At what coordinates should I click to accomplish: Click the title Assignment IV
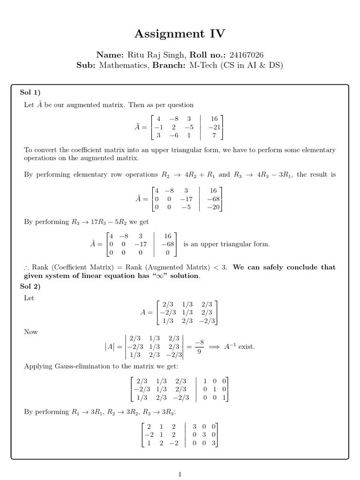[x=180, y=34]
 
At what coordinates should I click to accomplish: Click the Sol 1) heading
[x=30, y=92]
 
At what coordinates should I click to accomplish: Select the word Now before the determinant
[x=31, y=332]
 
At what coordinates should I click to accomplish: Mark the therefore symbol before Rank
[x=26, y=268]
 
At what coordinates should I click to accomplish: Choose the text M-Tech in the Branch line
[x=204, y=66]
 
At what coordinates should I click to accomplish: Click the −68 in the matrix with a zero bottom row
[x=168, y=244]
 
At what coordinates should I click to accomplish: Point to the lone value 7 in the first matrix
[x=214, y=135]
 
